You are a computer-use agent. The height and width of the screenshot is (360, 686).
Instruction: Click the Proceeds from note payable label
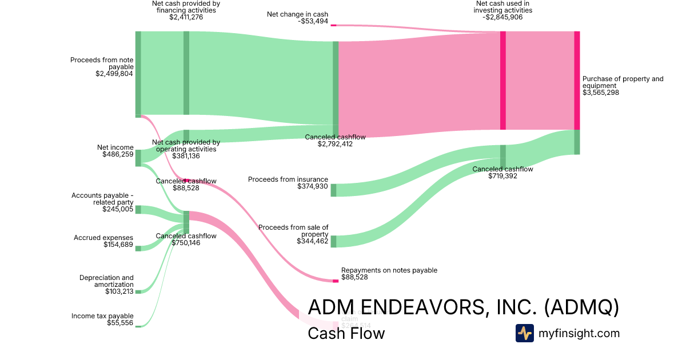(102, 63)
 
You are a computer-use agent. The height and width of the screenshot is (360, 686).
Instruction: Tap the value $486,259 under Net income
(118, 154)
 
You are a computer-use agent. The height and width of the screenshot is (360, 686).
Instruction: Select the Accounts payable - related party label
(102, 199)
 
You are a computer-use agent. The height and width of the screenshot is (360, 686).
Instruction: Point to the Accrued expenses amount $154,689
(118, 245)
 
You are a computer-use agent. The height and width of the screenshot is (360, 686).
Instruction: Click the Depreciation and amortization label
(106, 281)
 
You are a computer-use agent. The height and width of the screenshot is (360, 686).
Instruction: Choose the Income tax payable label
(102, 316)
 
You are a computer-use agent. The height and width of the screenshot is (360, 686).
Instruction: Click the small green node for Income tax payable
(138, 326)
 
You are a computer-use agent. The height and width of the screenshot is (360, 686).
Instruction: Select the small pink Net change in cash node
(333, 25)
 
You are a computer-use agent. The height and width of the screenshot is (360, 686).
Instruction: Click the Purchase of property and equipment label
(623, 82)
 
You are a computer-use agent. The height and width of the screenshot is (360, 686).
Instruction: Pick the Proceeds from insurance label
(288, 179)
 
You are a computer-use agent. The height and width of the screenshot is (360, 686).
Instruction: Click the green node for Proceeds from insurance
(333, 190)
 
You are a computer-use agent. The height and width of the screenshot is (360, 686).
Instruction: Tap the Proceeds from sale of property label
(293, 230)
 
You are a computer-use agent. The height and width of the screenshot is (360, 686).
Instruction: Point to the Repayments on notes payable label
(389, 270)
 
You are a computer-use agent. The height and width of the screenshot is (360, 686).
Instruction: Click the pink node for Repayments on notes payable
(336, 281)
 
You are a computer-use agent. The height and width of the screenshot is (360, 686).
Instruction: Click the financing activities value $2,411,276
(186, 17)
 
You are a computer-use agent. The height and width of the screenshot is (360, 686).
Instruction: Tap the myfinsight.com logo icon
(524, 333)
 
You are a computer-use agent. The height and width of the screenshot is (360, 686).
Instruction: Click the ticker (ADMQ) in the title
(581, 307)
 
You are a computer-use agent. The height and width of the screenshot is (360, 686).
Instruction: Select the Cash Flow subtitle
(346, 333)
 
